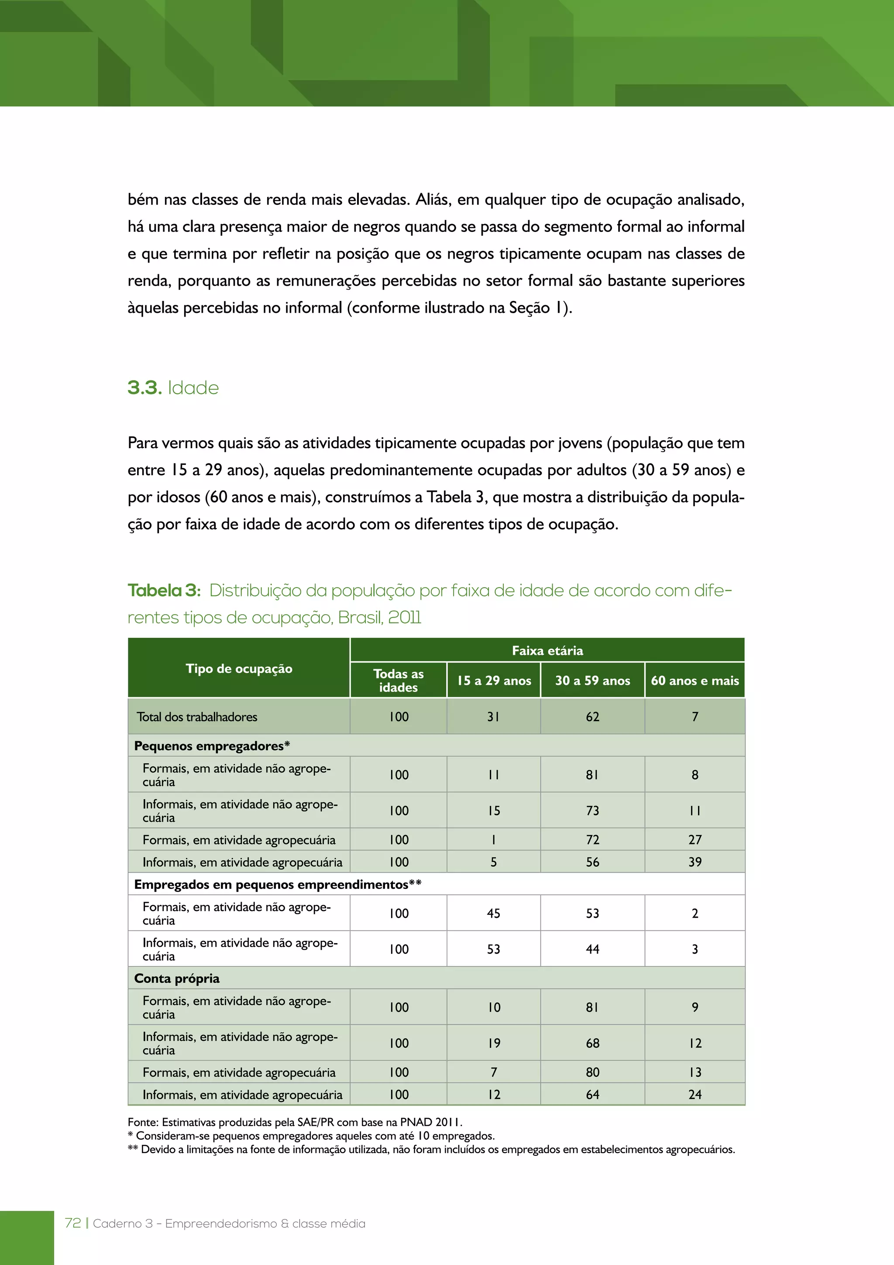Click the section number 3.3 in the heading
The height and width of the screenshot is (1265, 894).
(144, 388)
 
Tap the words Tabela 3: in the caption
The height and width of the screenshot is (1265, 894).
(164, 591)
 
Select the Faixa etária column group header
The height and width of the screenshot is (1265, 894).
(547, 651)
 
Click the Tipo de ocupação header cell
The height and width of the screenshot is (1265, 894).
(239, 669)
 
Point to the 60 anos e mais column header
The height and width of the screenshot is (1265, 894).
(695, 681)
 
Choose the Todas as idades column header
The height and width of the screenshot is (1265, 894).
(398, 681)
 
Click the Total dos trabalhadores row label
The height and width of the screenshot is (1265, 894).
(197, 717)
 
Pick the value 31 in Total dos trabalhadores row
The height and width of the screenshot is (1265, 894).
(493, 717)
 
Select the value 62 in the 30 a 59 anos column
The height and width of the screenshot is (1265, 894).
(592, 717)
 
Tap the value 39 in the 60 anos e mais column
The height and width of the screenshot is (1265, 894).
(695, 862)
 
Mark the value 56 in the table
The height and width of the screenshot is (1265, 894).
(592, 862)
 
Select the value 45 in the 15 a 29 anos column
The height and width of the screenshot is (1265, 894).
(493, 913)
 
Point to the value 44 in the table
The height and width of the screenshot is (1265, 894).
(592, 949)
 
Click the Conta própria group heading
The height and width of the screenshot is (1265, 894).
(177, 978)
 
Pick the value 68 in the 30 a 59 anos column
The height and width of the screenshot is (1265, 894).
(592, 1043)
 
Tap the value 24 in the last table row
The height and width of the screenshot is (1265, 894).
(695, 1095)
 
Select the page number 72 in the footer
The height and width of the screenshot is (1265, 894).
(72, 1223)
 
